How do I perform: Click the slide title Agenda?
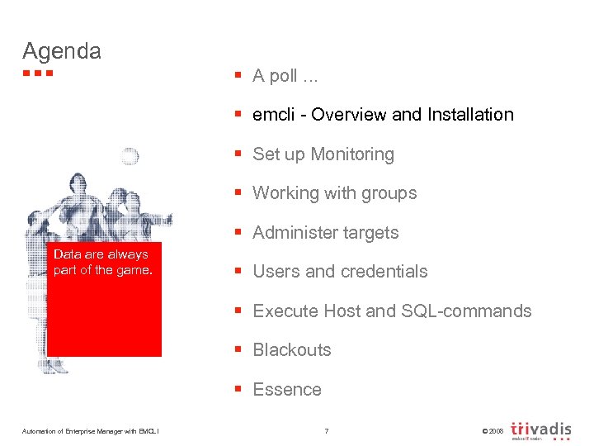coord(62,51)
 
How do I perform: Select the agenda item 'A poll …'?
coord(285,76)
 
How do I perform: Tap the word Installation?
coord(469,115)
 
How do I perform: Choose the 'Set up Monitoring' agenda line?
coord(323,154)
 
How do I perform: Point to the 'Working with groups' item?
coord(334,193)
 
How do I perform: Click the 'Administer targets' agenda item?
coord(325,233)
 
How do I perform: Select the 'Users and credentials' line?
coord(340,272)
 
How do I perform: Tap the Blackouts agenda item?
coord(291,350)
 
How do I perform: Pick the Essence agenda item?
coord(287,390)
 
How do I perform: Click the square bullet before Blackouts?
coord(238,350)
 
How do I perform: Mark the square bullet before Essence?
coord(238,390)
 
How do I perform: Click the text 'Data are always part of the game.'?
coord(102,263)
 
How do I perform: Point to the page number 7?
coord(327,431)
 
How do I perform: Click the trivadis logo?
coord(541,430)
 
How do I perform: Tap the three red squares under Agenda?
coord(38,74)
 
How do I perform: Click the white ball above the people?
coord(129,157)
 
